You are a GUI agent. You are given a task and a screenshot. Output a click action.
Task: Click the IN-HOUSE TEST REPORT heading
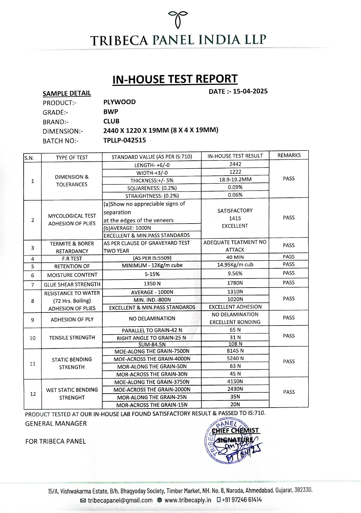click(x=175, y=79)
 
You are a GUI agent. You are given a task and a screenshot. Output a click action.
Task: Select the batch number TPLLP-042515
click(x=124, y=140)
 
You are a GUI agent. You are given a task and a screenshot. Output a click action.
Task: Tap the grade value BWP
click(x=111, y=111)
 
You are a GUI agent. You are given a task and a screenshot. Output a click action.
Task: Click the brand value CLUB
click(x=111, y=121)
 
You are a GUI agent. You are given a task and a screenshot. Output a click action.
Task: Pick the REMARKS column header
click(x=289, y=155)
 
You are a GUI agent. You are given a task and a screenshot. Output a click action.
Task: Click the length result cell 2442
click(x=235, y=164)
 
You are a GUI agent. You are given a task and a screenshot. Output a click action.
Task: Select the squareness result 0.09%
click(x=235, y=187)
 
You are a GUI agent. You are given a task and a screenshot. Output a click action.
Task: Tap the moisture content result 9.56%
click(x=235, y=274)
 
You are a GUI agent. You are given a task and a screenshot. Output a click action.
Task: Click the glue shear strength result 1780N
click(x=235, y=283)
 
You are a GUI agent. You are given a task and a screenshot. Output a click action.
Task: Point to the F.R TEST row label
click(x=72, y=258)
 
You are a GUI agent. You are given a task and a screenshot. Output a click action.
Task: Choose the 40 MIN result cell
click(x=235, y=257)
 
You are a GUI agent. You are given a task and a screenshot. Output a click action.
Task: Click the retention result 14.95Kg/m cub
click(x=235, y=265)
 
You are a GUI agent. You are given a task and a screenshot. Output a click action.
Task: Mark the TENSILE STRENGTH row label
click(x=72, y=337)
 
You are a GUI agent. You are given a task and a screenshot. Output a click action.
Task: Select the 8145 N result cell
click(x=235, y=351)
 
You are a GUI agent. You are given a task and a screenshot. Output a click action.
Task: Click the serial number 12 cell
click(x=33, y=394)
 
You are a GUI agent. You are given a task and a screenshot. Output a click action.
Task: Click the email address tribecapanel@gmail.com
click(x=120, y=500)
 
